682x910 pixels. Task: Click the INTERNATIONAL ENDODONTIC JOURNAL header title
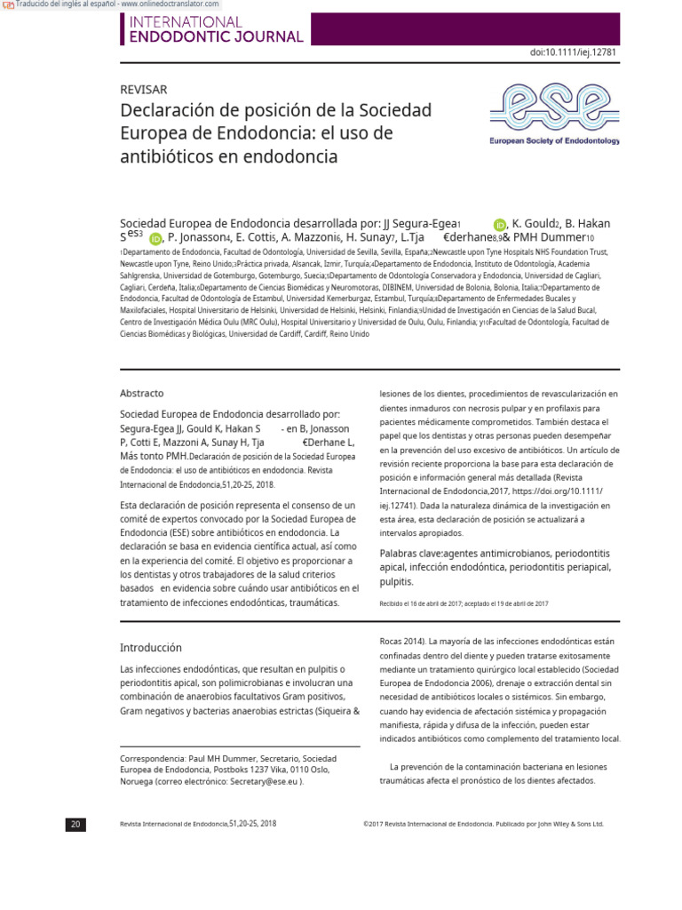pyautogui.click(x=217, y=29)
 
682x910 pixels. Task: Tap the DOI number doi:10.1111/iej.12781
pyautogui.click(x=573, y=52)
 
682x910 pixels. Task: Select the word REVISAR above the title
pyautogui.click(x=143, y=90)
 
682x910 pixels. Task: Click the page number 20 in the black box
pyautogui.click(x=75, y=824)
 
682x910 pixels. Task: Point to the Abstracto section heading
pyautogui.click(x=142, y=393)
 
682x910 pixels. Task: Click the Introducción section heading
pyautogui.click(x=151, y=648)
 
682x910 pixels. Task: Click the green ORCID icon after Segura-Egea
pyautogui.click(x=500, y=225)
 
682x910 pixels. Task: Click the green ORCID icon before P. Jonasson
pyautogui.click(x=156, y=238)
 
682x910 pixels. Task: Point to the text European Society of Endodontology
pyautogui.click(x=555, y=141)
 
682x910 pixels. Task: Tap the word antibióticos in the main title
pyautogui.click(x=165, y=157)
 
